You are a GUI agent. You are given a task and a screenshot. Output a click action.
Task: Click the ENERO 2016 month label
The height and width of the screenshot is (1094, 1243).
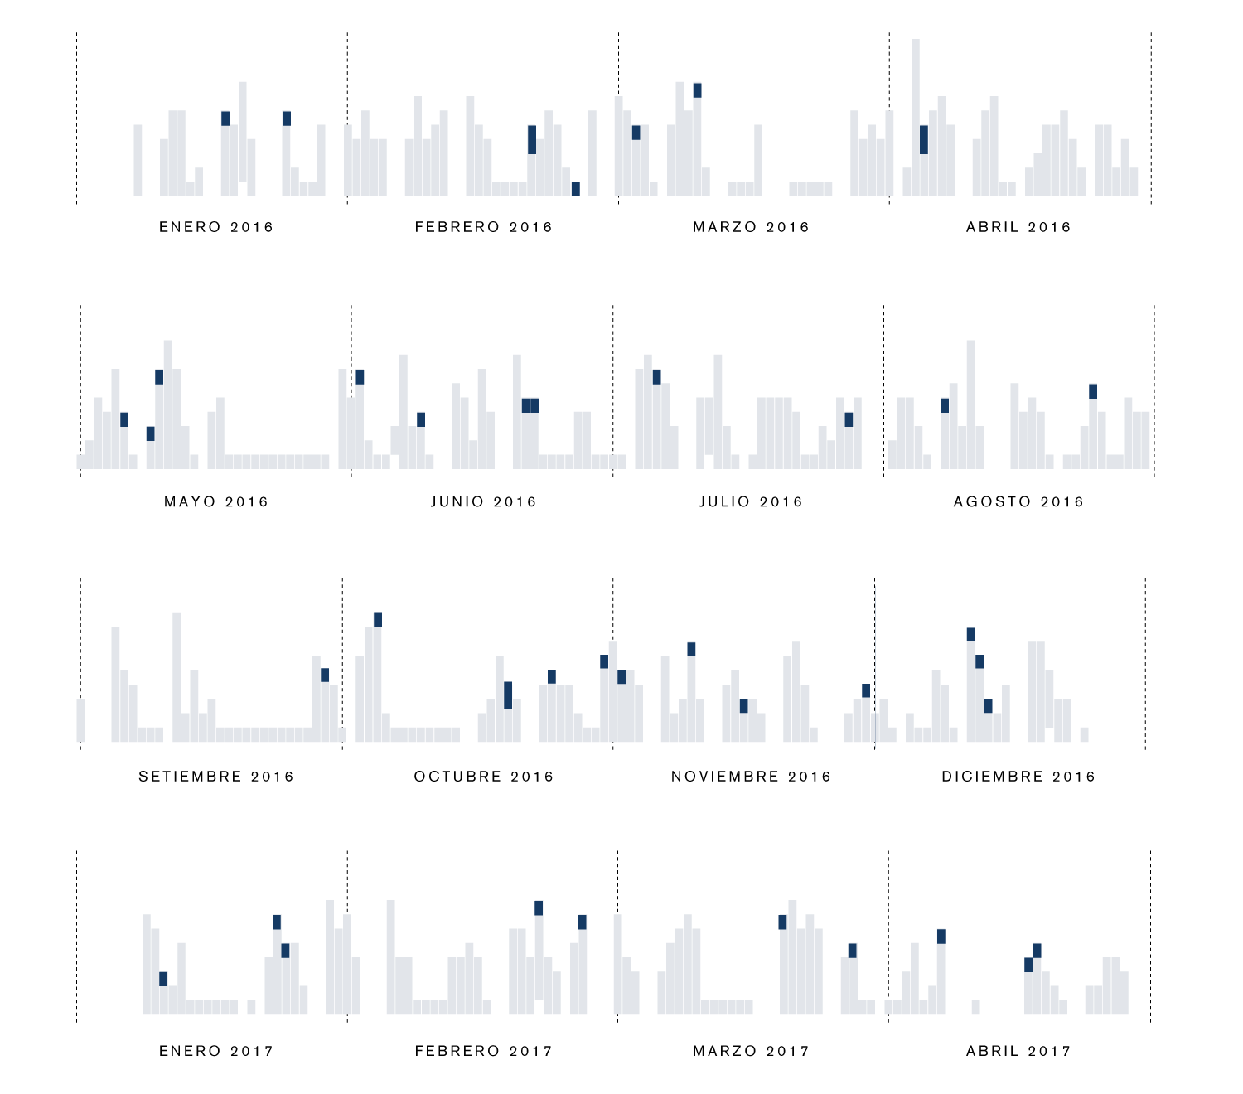point(215,227)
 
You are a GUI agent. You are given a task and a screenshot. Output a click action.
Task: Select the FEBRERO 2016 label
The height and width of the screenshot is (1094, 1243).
point(483,227)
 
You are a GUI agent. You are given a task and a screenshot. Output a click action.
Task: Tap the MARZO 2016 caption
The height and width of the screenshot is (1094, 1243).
point(751,227)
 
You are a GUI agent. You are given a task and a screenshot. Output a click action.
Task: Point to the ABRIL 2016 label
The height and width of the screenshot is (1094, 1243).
point(1018,227)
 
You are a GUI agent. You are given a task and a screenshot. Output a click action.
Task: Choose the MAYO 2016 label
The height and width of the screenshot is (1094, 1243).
point(215,501)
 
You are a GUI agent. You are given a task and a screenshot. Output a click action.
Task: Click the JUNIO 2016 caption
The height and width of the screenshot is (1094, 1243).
point(483,501)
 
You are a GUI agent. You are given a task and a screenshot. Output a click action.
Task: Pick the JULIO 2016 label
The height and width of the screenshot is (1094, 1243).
point(751,501)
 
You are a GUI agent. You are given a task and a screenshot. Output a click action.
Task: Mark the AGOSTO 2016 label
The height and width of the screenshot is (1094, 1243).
point(1018,501)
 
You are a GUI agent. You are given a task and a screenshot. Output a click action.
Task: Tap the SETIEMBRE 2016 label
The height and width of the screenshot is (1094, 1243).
point(215,777)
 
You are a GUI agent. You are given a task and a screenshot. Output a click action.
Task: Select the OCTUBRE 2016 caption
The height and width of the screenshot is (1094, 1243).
point(483,777)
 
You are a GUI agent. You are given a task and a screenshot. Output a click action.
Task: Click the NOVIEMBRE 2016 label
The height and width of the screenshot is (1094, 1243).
point(751,777)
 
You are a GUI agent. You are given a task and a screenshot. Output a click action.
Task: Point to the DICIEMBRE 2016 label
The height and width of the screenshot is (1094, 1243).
point(1018,777)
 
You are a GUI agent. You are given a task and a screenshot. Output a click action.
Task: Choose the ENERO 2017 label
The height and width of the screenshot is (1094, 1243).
point(215,1051)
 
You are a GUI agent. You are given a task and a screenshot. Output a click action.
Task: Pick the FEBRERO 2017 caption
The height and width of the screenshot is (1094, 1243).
point(483,1051)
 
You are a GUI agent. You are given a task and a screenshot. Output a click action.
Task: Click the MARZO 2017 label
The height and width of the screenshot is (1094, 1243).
point(751,1051)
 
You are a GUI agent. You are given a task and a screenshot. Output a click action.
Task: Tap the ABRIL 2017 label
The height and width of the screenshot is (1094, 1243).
point(1018,1051)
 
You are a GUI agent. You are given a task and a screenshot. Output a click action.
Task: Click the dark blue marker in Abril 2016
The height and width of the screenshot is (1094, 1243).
point(924,140)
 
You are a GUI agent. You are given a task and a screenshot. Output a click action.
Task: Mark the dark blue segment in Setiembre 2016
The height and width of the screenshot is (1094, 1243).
point(325,675)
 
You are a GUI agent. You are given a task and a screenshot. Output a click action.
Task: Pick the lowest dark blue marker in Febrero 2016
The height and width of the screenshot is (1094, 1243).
point(576,189)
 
